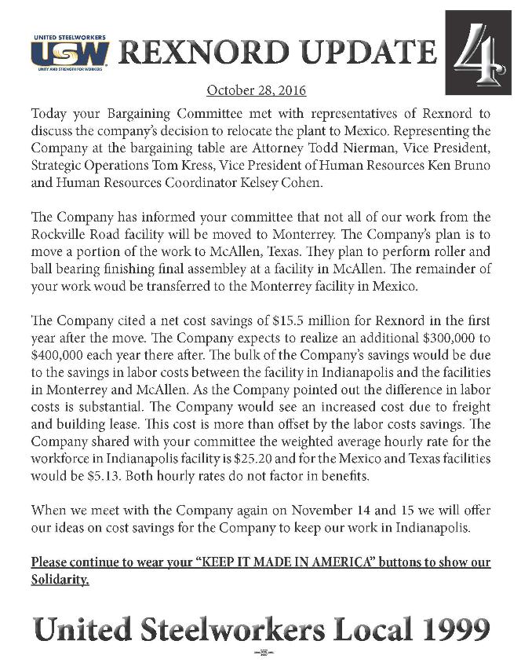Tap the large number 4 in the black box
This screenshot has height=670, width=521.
pyautogui.click(x=478, y=53)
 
